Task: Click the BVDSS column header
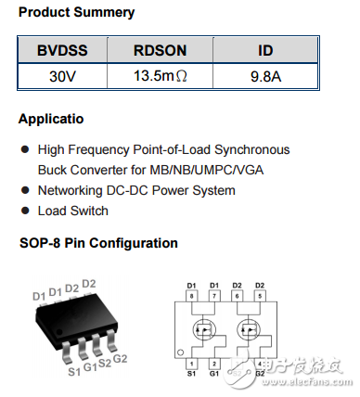63,51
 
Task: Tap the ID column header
265,51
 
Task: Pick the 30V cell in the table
63,76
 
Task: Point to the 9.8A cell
265,76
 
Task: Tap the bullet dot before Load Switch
24,211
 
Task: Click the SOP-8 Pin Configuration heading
97,243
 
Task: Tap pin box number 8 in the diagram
193,295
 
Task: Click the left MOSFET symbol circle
204,329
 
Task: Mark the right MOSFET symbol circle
249,329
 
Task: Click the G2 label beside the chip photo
120,358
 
